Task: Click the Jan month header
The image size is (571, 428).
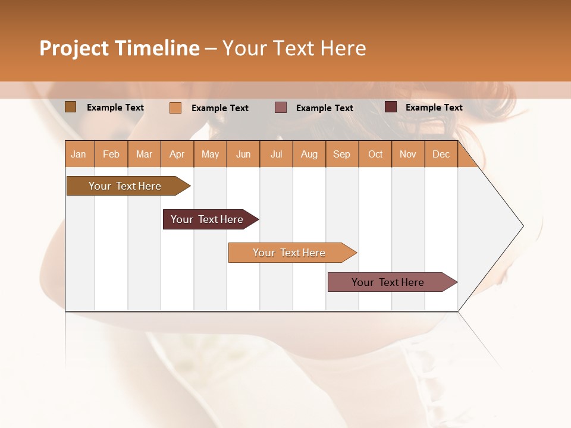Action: coord(79,154)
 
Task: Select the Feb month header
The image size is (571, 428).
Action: coord(111,154)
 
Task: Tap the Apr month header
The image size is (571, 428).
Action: coord(177,154)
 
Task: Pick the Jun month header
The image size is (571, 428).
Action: coord(243,154)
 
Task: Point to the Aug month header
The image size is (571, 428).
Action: coord(309,154)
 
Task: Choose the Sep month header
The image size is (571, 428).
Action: coord(341,154)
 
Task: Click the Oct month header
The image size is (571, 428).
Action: coord(375,154)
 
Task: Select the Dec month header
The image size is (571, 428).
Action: coord(441,154)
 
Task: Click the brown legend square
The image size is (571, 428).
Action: coord(70,107)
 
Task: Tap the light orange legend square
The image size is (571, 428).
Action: coord(175,108)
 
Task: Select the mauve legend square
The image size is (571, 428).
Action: coord(280,108)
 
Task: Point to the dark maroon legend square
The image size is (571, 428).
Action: coord(390,107)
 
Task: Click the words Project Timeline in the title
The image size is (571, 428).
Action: coord(119,48)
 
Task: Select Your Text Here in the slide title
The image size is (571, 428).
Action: coord(294,48)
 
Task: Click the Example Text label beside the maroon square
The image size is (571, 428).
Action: coord(434,108)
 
